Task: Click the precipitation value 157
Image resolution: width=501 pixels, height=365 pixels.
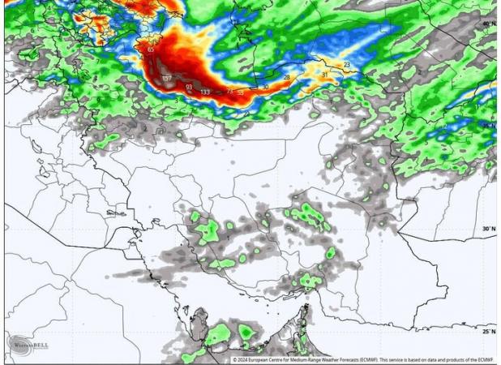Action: (168, 79)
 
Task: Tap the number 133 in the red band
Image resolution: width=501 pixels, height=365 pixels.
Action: (205, 92)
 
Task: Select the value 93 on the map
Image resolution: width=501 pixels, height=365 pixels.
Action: (189, 86)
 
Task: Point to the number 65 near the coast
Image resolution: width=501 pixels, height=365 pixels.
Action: (152, 49)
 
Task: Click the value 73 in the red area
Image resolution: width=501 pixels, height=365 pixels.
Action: (229, 92)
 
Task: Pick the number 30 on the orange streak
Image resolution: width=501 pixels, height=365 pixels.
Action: (264, 87)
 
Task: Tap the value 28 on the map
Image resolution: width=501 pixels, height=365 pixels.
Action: (286, 77)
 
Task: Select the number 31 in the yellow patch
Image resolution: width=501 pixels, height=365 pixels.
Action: (324, 75)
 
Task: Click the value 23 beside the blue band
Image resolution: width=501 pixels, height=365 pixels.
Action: (346, 64)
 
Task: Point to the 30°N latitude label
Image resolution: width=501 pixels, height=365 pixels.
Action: (488, 229)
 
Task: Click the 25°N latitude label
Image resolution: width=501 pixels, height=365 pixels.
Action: (488, 331)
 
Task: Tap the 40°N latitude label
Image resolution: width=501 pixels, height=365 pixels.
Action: (488, 24)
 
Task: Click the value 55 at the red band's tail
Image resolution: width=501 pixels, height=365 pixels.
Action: (240, 92)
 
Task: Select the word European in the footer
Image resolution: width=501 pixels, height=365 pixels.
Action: (264, 359)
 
